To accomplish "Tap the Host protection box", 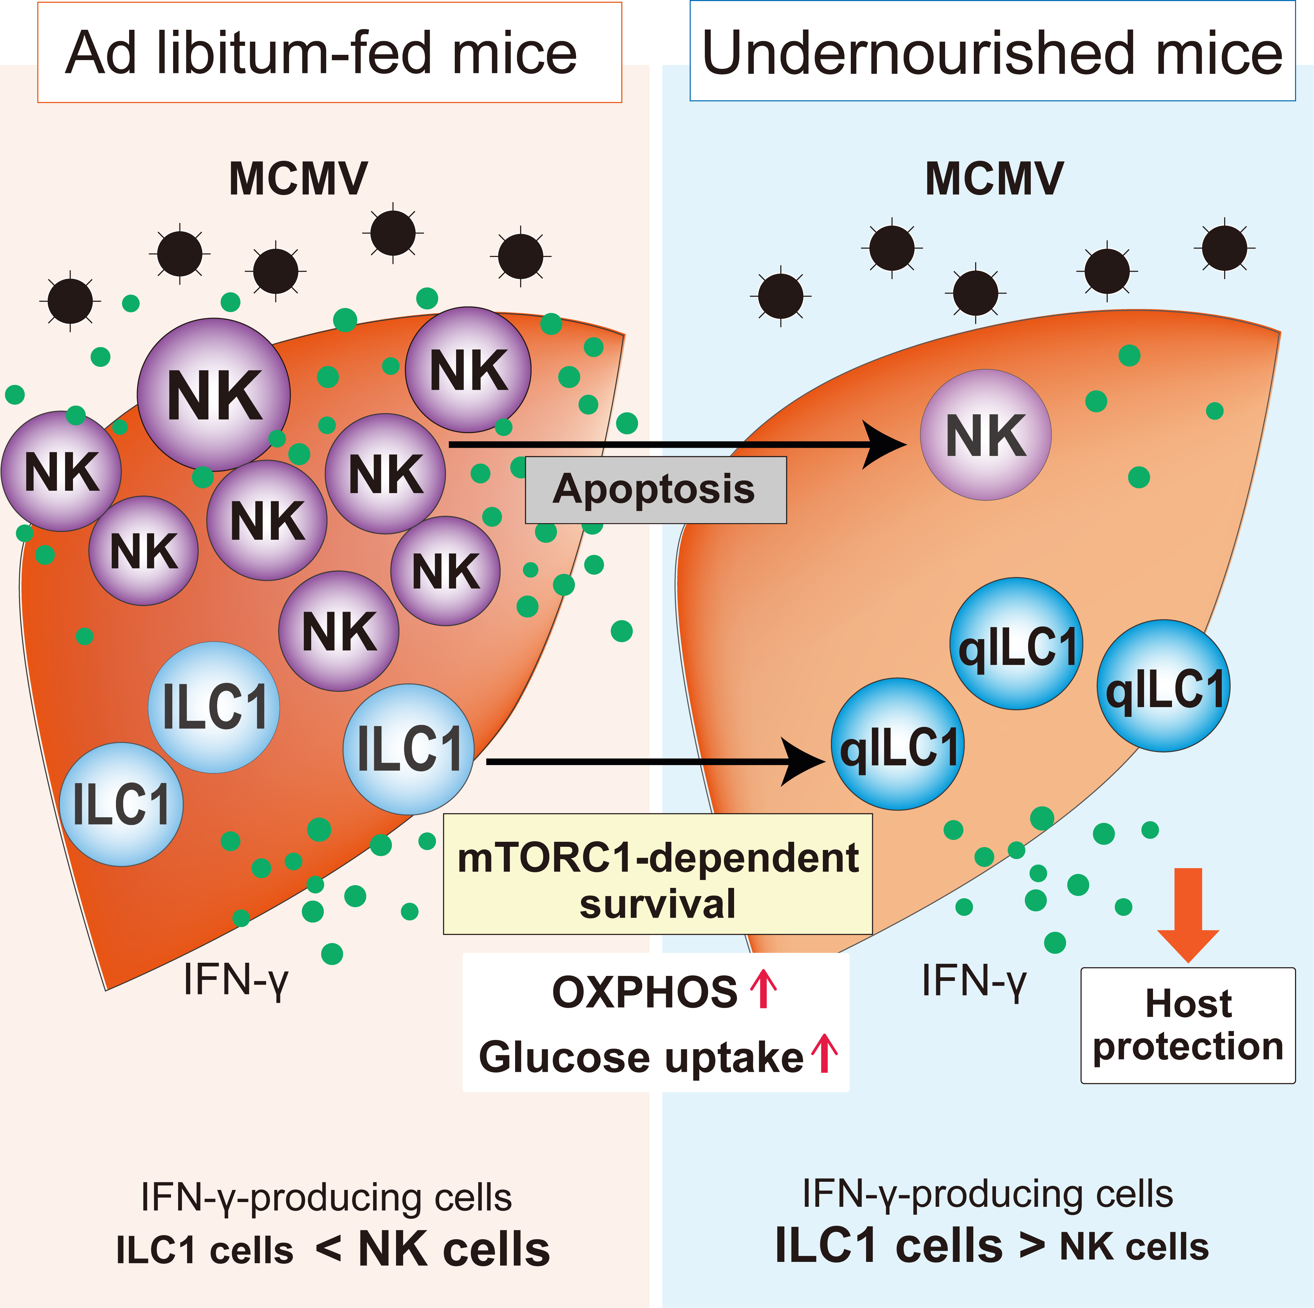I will [1188, 1025].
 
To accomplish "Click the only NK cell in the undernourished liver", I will [985, 435].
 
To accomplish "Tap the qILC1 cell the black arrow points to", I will [898, 744].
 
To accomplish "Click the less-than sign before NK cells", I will [328, 1249].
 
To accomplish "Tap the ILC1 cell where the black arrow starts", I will [408, 749].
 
